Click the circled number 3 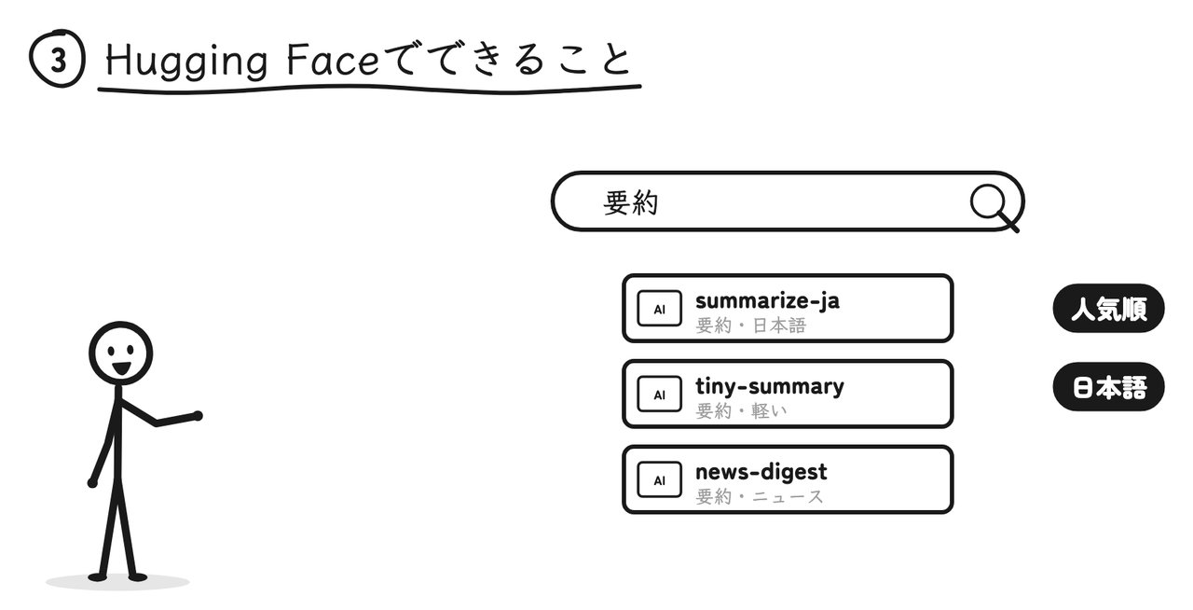57,59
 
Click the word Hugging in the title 186,62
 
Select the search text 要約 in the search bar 631,203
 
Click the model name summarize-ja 767,301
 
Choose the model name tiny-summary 770,386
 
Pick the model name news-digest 761,472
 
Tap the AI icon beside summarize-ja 659,308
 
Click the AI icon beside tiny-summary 659,394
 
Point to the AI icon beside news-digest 659,480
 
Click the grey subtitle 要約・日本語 751,326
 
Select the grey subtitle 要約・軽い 741,411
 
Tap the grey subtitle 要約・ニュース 760,497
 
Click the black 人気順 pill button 1109,309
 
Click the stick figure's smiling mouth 121,368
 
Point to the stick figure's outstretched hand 197,415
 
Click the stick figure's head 121,353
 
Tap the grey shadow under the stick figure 117,582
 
